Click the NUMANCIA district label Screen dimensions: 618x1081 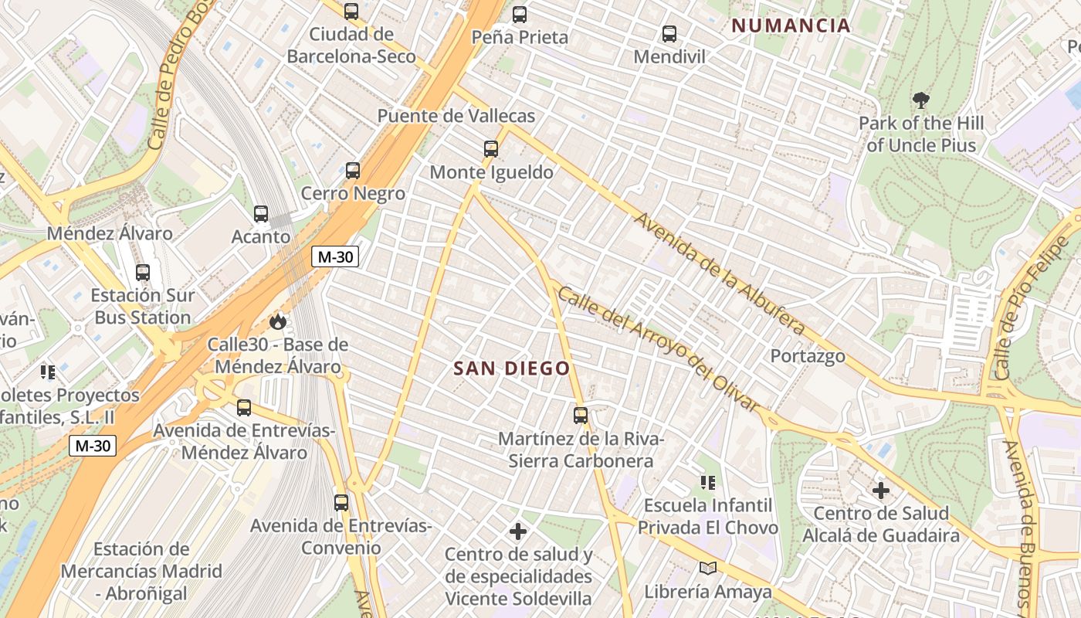[x=791, y=25]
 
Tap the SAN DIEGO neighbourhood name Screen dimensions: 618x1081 [x=511, y=368]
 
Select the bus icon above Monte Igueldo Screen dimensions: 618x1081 [x=490, y=148]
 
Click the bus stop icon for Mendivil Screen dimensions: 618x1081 [x=669, y=34]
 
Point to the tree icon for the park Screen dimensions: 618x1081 [x=920, y=100]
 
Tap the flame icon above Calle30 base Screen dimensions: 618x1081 [x=277, y=321]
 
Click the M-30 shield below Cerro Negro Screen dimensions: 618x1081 [x=335, y=257]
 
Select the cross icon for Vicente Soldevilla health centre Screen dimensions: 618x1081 [x=518, y=531]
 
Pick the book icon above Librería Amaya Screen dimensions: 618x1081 [x=707, y=569]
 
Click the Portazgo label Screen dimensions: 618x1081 [x=808, y=356]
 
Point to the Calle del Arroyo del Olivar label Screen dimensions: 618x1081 [x=658, y=350]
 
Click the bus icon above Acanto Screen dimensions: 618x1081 [x=261, y=214]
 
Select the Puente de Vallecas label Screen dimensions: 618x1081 [x=456, y=116]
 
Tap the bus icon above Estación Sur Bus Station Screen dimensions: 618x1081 [x=143, y=272]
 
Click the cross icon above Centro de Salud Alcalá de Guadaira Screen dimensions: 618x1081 [x=880, y=491]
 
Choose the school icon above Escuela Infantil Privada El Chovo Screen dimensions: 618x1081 [x=707, y=483]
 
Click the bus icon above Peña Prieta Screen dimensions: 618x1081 [x=520, y=14]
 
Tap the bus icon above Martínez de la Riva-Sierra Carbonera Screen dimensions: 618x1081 [x=581, y=416]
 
